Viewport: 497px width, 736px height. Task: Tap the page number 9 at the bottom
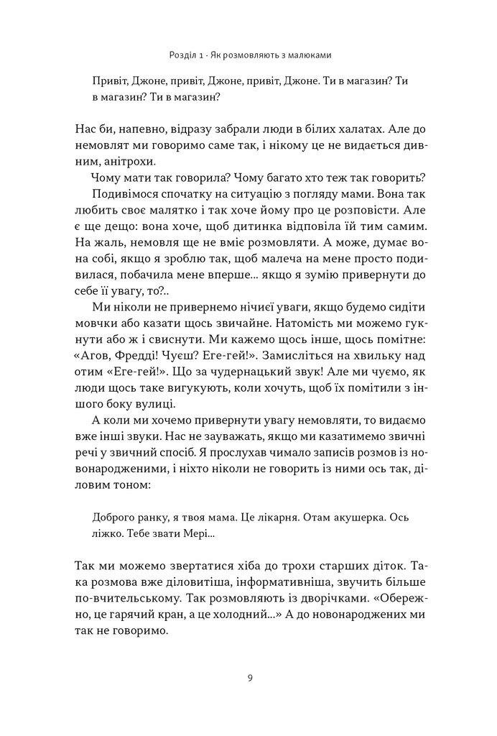click(x=249, y=677)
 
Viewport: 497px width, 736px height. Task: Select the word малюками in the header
click(x=310, y=54)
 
